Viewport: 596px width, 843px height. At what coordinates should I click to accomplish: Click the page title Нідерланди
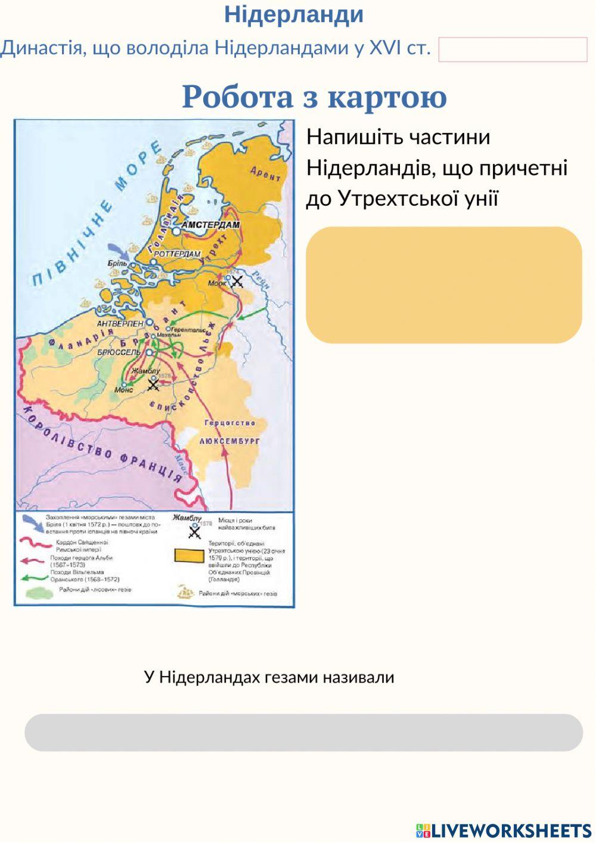[x=294, y=15]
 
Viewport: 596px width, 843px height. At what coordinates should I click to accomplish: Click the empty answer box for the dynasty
[x=513, y=49]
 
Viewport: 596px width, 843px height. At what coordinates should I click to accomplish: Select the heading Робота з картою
[x=314, y=97]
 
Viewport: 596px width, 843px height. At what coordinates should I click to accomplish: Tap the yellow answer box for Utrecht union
[x=443, y=284]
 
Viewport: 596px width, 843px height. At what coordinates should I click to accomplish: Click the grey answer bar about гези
[x=303, y=732]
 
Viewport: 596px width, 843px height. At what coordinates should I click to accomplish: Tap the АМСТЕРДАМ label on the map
[x=210, y=225]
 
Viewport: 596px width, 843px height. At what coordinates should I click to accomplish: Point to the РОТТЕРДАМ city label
[x=177, y=254]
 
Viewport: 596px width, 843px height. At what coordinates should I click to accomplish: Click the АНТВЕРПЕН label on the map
[x=120, y=323]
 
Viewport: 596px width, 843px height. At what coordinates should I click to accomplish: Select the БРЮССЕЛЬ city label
[x=119, y=352]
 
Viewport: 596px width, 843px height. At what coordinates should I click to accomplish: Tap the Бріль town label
[x=117, y=263]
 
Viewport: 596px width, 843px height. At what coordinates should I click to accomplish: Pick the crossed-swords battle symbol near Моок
[x=237, y=281]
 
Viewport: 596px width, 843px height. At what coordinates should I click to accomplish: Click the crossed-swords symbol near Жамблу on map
[x=153, y=385]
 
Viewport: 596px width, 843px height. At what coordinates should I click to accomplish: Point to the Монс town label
[x=123, y=389]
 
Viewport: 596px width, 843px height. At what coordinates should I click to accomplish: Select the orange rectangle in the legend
[x=189, y=556]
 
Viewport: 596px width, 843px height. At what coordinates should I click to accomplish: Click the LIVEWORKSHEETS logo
[x=504, y=830]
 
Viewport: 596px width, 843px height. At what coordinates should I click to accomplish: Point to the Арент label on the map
[x=265, y=173]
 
